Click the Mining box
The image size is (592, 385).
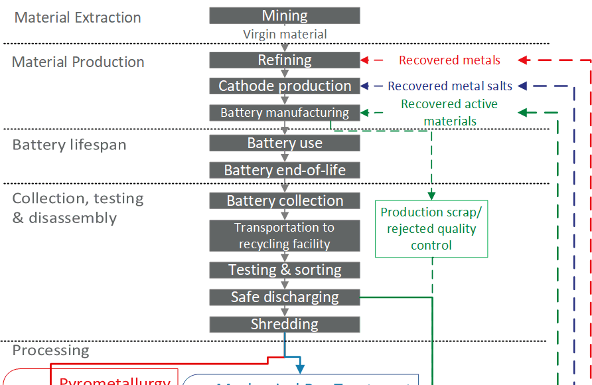(x=285, y=15)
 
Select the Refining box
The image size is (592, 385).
(x=285, y=60)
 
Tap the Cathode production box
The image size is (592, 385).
(x=285, y=86)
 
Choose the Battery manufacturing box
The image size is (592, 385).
(x=285, y=113)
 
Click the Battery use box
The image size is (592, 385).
(x=285, y=143)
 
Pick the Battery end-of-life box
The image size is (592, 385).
(x=285, y=170)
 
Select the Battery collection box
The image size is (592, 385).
(x=285, y=200)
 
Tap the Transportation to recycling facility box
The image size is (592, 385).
(x=285, y=236)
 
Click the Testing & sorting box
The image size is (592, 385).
(x=285, y=270)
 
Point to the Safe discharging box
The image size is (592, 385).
(x=285, y=297)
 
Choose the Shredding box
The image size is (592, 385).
(x=285, y=324)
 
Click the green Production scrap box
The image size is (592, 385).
(x=431, y=229)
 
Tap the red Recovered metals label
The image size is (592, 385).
(x=449, y=60)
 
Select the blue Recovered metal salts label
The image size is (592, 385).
(x=450, y=86)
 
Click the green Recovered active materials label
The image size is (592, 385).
(x=449, y=112)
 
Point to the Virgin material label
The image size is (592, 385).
(x=285, y=34)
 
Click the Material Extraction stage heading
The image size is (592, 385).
(x=78, y=18)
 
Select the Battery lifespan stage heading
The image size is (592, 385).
(x=69, y=145)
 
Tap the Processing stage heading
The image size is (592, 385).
(x=50, y=350)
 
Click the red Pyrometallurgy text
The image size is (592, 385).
(x=115, y=380)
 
